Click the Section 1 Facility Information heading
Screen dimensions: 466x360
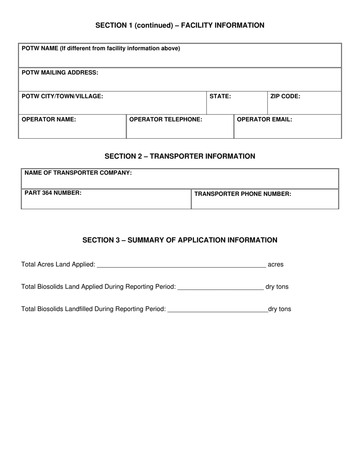pyautogui.click(x=180, y=25)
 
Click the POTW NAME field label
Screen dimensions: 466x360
pyautogui.click(x=101, y=48)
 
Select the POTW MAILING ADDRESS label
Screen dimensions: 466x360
pyautogui.click(x=60, y=72)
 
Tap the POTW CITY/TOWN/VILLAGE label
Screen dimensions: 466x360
pyautogui.click(x=62, y=96)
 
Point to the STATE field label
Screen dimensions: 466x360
pyautogui.click(x=220, y=96)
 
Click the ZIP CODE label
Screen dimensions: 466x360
pyautogui.click(x=285, y=96)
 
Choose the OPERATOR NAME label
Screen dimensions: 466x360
pyautogui.click(x=49, y=119)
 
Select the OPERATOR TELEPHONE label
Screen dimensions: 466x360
pyautogui.click(x=166, y=119)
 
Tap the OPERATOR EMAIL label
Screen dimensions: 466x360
pyautogui.click(x=264, y=119)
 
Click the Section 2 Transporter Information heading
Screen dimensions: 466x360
pyautogui.click(x=180, y=156)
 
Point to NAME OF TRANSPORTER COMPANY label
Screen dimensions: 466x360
pyautogui.click(x=78, y=173)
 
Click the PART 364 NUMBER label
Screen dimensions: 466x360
pyautogui.click(x=53, y=192)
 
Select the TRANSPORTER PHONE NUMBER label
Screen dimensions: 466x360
pyautogui.click(x=243, y=194)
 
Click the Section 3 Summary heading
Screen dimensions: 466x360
pyautogui.click(x=180, y=240)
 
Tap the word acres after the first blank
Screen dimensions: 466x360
pyautogui.click(x=275, y=264)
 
